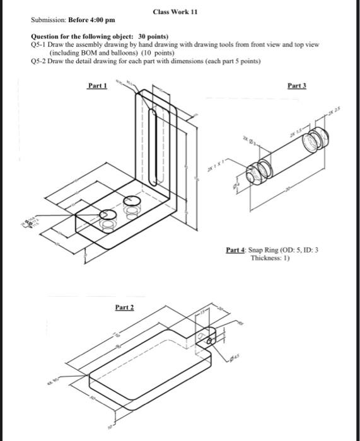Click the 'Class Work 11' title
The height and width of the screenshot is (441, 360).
point(175,13)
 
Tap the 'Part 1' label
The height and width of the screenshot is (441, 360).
point(97,86)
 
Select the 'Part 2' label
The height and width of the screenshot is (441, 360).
point(124,307)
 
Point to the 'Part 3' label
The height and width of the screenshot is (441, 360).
point(296,84)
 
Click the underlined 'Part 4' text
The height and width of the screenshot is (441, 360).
point(236,250)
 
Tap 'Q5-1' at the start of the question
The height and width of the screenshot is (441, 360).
point(39,46)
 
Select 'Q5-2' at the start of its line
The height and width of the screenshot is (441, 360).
point(39,61)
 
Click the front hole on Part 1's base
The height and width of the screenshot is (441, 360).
point(109,220)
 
